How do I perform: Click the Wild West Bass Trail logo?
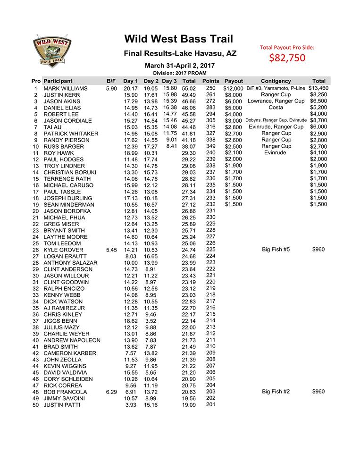(52, 50)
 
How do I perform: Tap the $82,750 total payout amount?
(287, 58)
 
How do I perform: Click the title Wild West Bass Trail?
(178, 38)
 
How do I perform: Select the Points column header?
(210, 81)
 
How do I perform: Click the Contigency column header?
(276, 81)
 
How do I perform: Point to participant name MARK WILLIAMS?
(66, 88)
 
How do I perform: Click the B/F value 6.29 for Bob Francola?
(111, 392)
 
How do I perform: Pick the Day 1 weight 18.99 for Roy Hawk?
(131, 153)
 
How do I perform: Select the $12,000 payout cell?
(233, 89)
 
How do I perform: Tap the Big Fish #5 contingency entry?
(276, 250)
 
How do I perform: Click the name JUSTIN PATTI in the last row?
(62, 405)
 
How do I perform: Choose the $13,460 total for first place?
(318, 88)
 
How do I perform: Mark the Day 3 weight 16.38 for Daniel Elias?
(169, 108)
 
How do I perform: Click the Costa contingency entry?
(276, 108)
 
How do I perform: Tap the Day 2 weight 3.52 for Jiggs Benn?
(152, 321)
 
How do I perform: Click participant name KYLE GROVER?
(63, 250)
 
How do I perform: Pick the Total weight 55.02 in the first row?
(189, 88)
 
